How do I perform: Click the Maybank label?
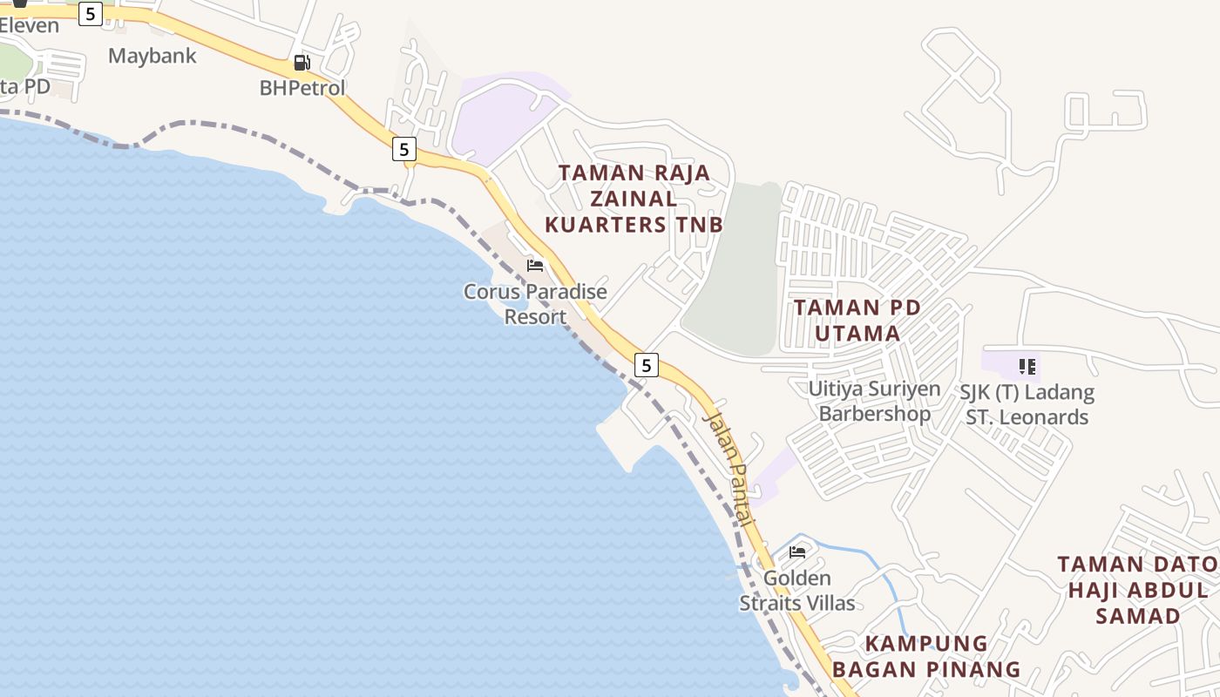pos(152,57)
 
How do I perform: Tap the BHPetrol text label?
pos(302,88)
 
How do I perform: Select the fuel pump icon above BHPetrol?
pos(302,63)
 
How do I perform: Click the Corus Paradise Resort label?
pos(535,304)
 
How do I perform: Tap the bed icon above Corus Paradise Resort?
pos(535,265)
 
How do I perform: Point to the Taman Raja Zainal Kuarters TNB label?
pos(634,199)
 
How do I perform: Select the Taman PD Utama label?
pos(846,321)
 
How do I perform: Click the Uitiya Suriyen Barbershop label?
pos(874,401)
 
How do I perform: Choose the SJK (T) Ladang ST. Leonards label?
pos(1027,404)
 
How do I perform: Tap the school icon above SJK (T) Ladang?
pos(1027,367)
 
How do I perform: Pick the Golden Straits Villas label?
pos(797,590)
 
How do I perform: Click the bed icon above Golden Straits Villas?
pos(797,552)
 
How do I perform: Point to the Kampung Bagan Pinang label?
pos(925,656)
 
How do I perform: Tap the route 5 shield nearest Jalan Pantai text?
pos(646,365)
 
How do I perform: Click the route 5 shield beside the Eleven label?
pos(91,13)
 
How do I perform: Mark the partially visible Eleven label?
pos(29,25)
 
